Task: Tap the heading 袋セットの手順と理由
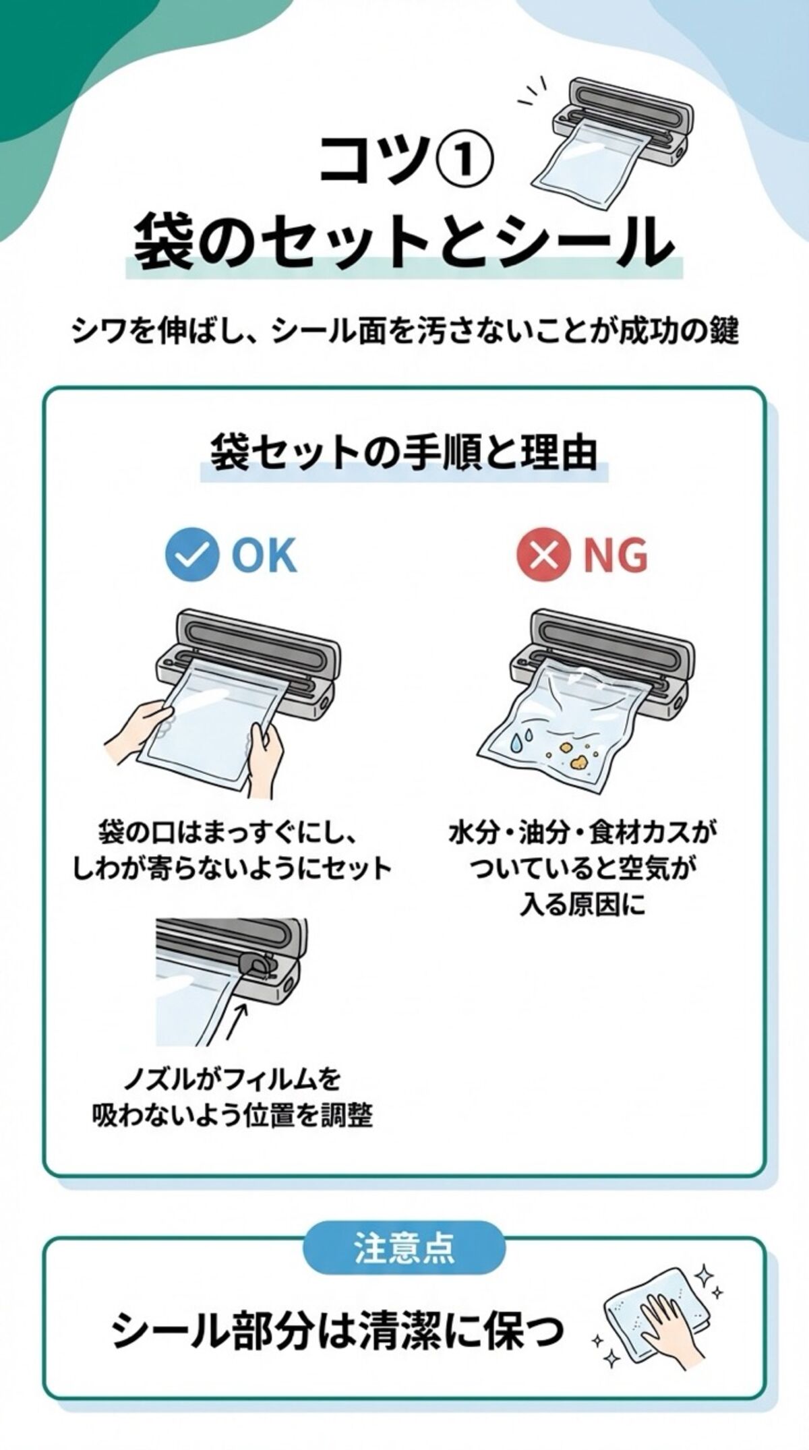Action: (x=404, y=452)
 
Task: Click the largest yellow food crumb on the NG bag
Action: (x=578, y=762)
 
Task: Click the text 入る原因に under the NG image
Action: (x=582, y=904)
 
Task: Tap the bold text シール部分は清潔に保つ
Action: (x=337, y=1331)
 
